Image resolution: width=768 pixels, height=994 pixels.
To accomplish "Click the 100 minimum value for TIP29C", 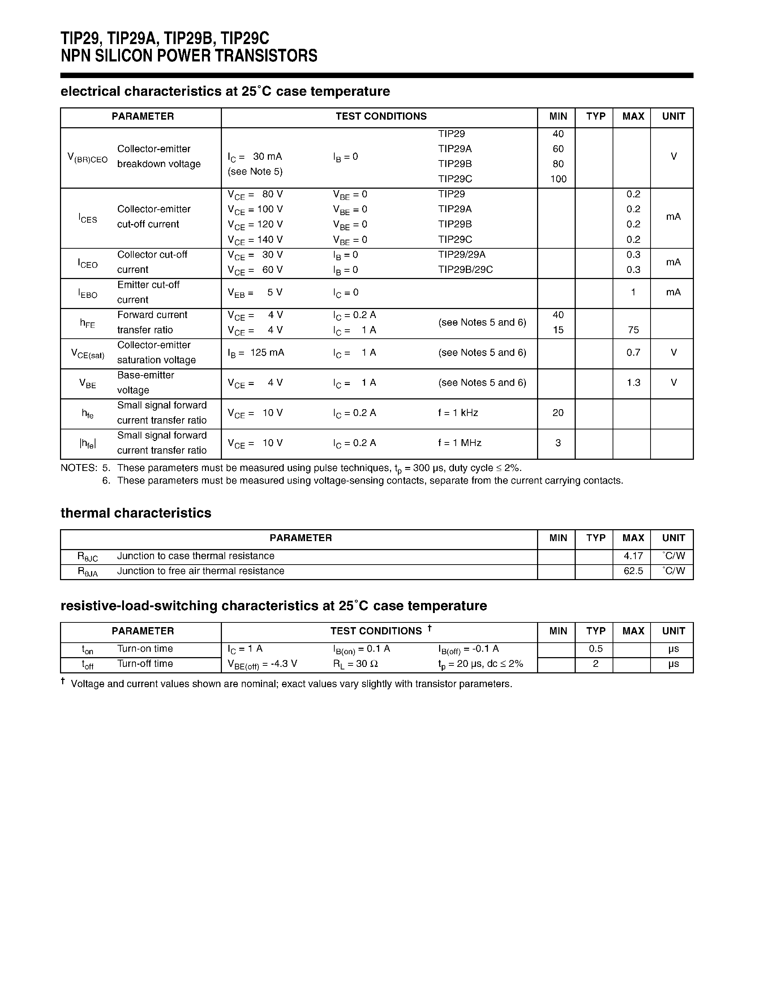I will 558,179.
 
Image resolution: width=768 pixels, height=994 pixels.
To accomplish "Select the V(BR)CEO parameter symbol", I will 87,158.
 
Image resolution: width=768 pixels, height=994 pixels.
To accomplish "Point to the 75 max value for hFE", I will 633,330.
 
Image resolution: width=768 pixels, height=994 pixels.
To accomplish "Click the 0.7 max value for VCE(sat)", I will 633,353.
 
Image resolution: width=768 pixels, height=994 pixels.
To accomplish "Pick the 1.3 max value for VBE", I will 633,383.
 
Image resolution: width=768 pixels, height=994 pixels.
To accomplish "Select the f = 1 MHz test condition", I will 459,443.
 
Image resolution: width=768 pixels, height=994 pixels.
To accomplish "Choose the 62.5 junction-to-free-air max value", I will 633,571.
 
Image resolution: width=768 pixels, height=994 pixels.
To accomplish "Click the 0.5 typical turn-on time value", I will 595,649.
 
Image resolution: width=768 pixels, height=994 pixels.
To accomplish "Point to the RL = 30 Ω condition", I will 355,664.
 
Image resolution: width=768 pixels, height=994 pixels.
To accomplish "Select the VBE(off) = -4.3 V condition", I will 262,664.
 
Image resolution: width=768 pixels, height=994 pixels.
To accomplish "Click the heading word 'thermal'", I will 85,513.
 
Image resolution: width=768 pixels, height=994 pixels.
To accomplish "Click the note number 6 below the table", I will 106,481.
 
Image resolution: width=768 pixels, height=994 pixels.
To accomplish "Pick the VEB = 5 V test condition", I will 255,293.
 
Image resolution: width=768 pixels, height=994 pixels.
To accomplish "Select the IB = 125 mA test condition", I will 256,353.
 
